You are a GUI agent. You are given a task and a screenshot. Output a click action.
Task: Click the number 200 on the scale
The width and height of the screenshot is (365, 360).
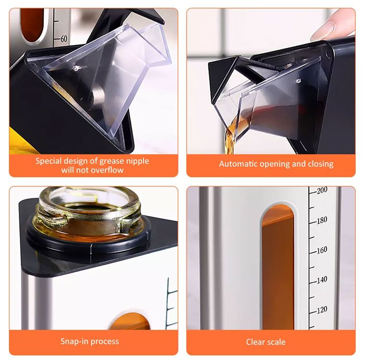(x=322, y=190)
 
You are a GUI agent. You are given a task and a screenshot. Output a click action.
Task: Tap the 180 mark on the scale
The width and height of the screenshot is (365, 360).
(x=322, y=220)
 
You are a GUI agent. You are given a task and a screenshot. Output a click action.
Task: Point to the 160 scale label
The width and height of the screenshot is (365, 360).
(x=322, y=250)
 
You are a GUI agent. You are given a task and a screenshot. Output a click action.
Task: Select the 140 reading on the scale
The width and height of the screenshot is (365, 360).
(x=322, y=280)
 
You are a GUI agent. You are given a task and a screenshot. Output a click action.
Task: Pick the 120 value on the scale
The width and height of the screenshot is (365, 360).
(x=322, y=309)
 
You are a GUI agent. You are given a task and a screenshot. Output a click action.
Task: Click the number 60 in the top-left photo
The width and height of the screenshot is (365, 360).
(x=64, y=39)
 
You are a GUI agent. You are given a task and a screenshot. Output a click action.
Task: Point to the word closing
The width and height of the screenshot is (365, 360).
(x=319, y=164)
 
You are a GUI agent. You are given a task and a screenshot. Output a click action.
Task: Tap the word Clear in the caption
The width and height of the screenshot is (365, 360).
(x=255, y=342)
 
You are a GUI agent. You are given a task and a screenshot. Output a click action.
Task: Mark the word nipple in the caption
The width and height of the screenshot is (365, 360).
(x=136, y=161)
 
